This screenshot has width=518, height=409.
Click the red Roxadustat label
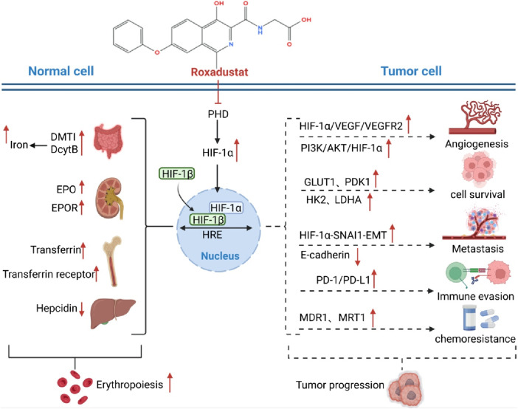pos(219,72)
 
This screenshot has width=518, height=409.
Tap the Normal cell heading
pos(61,71)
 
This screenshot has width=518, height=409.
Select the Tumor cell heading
pos(411,71)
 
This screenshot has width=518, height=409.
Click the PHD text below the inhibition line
pos(218,114)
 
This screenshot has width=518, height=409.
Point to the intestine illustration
pos(108,142)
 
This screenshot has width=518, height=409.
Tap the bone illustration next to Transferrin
pos(112,261)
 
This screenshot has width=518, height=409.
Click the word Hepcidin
pos(57,308)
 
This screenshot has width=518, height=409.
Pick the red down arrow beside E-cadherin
pos(357,258)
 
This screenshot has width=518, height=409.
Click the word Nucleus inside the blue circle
pos(220,256)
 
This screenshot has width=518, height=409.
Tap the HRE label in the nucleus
pos(212,235)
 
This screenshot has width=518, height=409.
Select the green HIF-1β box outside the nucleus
pos(177,173)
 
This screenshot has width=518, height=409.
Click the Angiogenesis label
pos(477,144)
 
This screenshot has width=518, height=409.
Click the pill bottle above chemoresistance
pos(469,317)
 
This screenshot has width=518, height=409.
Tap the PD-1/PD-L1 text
pos(343,280)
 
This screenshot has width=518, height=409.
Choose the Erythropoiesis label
pos(130,385)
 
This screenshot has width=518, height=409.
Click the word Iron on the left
pos(19,145)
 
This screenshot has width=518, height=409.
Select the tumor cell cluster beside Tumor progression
pos(404,390)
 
